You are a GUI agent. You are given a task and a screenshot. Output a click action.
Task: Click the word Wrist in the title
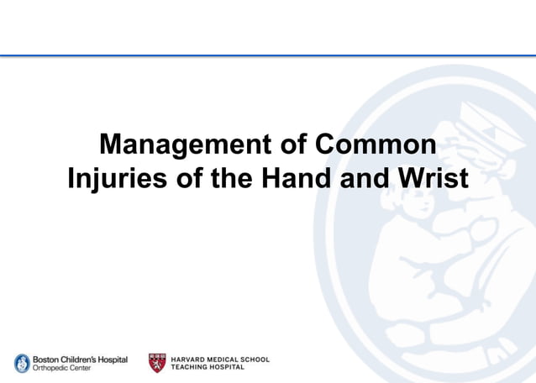[x=429, y=180]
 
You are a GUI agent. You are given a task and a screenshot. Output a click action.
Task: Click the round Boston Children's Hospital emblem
[x=22, y=363]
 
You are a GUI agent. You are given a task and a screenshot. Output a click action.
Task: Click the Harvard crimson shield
[x=157, y=363]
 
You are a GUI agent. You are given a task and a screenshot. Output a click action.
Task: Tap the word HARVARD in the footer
[x=189, y=359]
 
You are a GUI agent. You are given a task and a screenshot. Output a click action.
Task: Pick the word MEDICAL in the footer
[x=226, y=359]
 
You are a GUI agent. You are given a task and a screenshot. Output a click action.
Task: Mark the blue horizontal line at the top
[x=268, y=55]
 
